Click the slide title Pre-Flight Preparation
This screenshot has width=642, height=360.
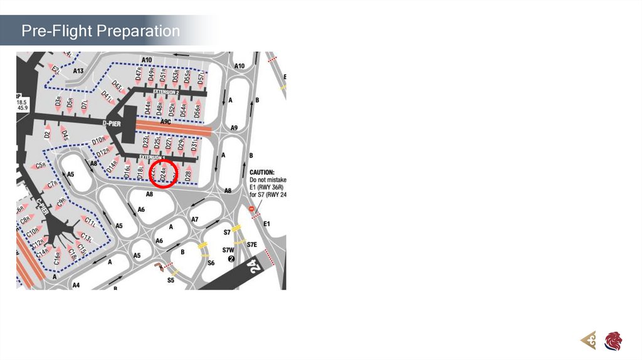[100, 31]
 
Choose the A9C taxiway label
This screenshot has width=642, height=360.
[166, 121]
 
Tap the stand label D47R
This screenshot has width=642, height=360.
[139, 74]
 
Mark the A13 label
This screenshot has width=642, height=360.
[78, 71]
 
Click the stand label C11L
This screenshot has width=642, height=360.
[90, 222]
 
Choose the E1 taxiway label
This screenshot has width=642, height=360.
[267, 224]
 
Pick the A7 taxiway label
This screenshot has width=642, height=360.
[195, 220]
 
